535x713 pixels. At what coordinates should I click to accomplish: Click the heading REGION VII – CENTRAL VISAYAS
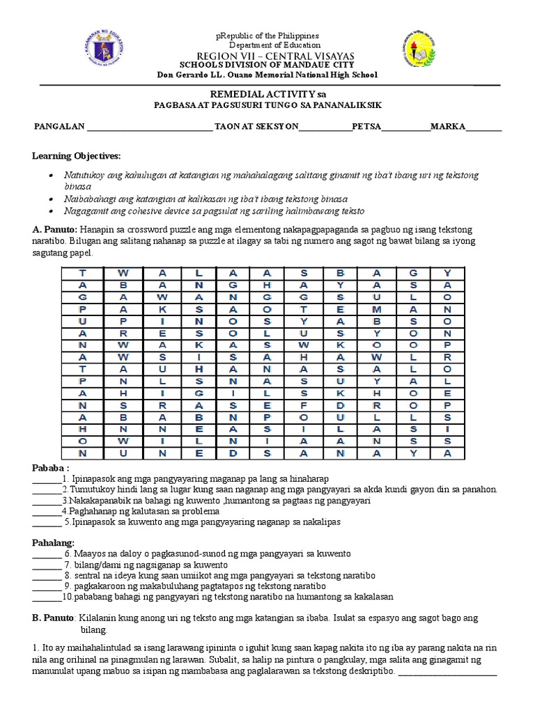267,56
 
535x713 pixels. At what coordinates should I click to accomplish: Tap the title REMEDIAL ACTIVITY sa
267,93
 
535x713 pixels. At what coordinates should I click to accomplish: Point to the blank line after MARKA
483,127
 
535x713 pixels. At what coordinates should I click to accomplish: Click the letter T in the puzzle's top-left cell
82,274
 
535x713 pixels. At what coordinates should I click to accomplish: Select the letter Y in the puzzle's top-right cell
448,274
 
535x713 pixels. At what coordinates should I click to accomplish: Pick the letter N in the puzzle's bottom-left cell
82,453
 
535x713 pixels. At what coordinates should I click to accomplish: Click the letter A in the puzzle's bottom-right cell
448,453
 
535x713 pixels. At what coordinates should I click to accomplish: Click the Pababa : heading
51,467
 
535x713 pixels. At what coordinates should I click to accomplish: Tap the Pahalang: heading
54,542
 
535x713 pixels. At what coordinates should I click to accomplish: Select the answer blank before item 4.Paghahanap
46,512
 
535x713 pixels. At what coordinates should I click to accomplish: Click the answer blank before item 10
46,597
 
